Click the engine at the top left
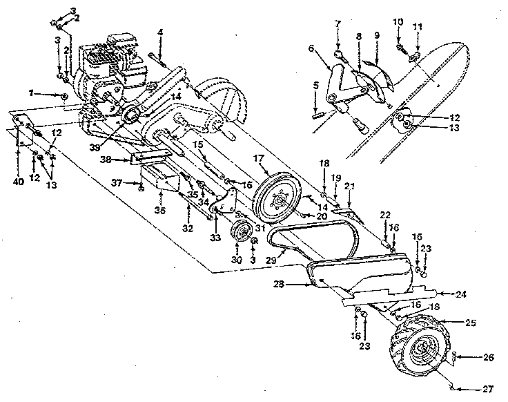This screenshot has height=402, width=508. click(114, 66)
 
